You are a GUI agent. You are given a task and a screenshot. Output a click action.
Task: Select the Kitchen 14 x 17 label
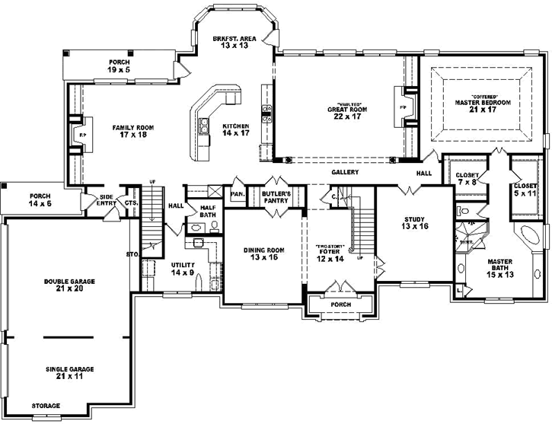point(235,130)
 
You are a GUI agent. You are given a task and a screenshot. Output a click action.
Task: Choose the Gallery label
point(344,173)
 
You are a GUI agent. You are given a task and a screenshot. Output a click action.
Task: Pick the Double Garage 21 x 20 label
point(69,285)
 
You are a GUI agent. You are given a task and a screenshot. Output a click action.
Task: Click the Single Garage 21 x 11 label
point(69,373)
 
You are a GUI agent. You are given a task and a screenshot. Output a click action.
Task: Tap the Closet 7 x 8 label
point(467,179)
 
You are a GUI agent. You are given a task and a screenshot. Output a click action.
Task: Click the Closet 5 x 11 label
point(525,190)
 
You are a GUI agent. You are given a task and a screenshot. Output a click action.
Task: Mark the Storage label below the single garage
point(46,406)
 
